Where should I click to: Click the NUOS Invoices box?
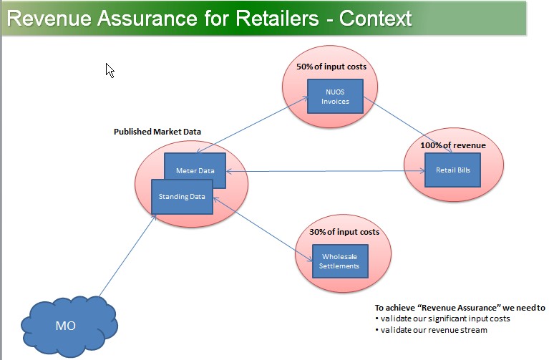pos(335,97)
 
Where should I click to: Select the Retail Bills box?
pos(452,170)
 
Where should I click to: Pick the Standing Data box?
pos(182,196)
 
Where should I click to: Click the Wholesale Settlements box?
pos(340,261)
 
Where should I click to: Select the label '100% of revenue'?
pos(453,145)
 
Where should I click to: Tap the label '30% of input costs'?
pos(344,232)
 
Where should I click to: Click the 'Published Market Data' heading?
pos(157,132)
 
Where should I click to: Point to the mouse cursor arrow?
pos(110,69)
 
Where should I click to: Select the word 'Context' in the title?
pos(376,18)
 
